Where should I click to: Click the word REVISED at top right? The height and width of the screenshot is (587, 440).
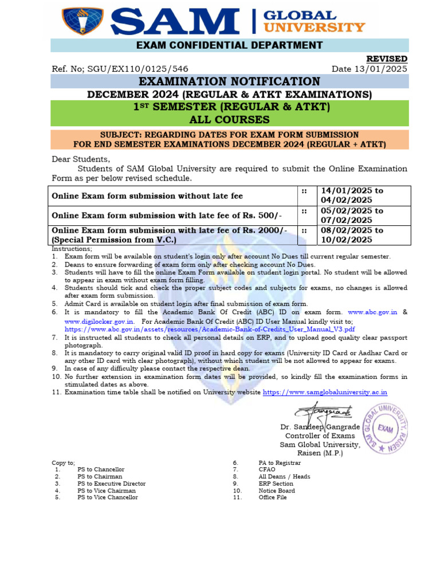387,59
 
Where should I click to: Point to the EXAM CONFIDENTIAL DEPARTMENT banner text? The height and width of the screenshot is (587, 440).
230,45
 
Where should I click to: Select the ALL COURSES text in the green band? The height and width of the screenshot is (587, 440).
230,119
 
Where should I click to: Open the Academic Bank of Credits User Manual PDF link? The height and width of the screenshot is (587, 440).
210,330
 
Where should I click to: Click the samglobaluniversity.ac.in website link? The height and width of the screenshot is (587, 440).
325,393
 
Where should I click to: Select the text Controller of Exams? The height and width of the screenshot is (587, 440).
320,436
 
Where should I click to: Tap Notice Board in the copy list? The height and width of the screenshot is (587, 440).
277,491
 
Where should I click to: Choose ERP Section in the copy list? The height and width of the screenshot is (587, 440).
276,484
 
